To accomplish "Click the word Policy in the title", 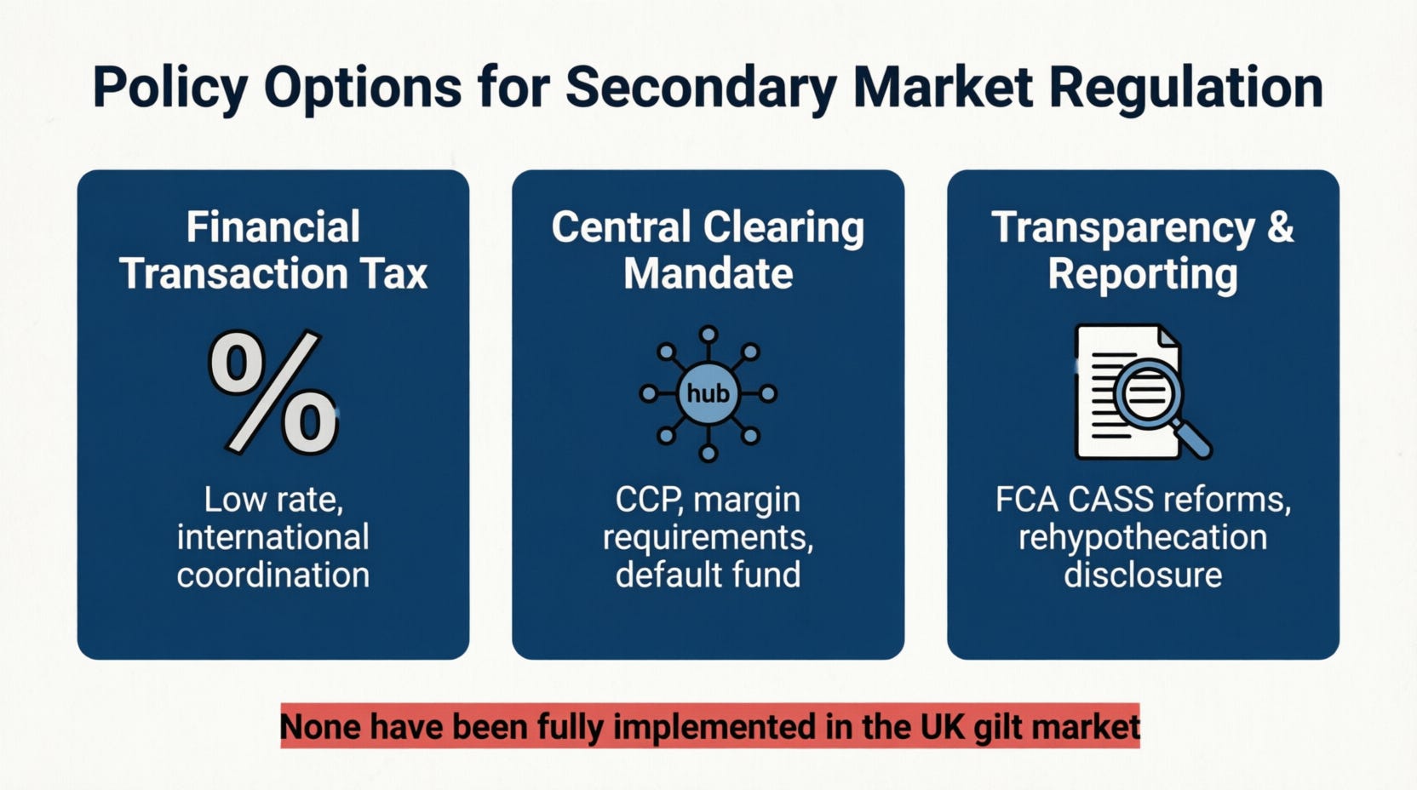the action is (x=169, y=88).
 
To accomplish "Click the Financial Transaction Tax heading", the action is (x=273, y=249).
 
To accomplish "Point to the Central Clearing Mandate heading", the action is (x=708, y=249).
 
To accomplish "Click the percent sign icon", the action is (x=273, y=392).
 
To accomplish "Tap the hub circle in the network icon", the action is (x=708, y=393).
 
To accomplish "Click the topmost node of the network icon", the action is (x=708, y=334).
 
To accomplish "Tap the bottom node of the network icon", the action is (x=708, y=454).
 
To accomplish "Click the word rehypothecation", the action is (x=1143, y=538).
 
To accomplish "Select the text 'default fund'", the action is (x=708, y=575).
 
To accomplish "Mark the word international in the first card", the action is (x=272, y=537).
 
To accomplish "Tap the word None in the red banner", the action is (x=321, y=726).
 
